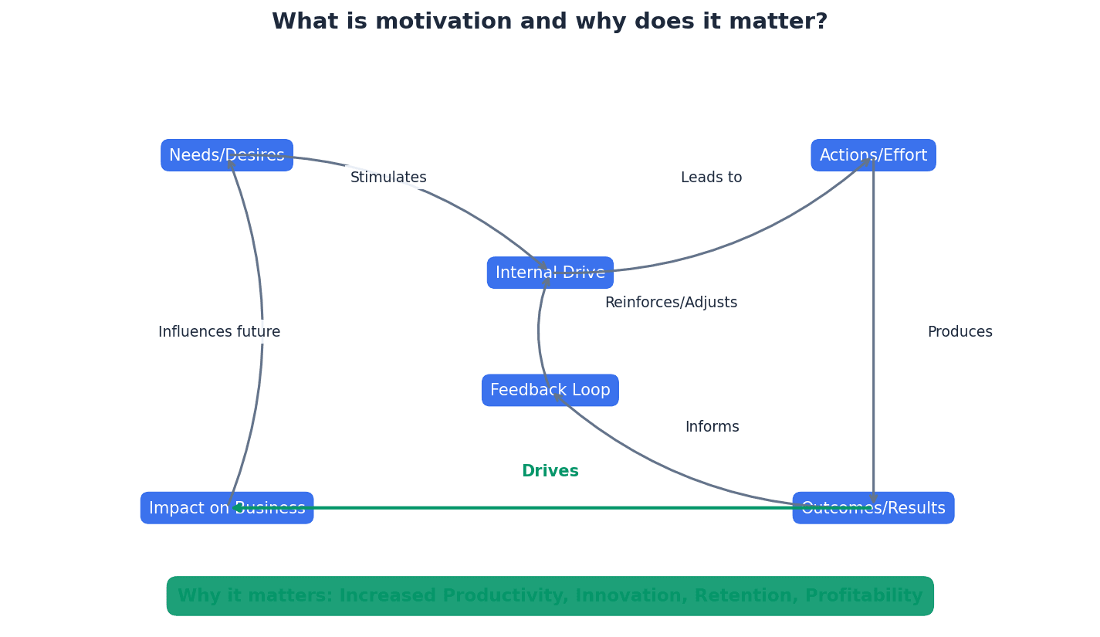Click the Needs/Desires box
pyautogui.click(x=226, y=155)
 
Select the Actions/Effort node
pyautogui.click(x=873, y=155)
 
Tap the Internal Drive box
pyautogui.click(x=550, y=273)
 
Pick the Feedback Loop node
pyautogui.click(x=550, y=390)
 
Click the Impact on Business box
pyautogui.click(x=226, y=508)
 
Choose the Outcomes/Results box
pyautogui.click(x=873, y=508)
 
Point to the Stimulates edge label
pyautogui.click(x=388, y=178)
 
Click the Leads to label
pyautogui.click(x=711, y=178)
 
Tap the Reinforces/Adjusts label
pyautogui.click(x=671, y=303)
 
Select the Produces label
pyautogui.click(x=960, y=332)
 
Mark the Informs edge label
pyautogui.click(x=712, y=427)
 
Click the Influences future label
pyautogui.click(x=219, y=332)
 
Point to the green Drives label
pyautogui.click(x=550, y=472)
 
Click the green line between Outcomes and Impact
pyautogui.click(x=540, y=508)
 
